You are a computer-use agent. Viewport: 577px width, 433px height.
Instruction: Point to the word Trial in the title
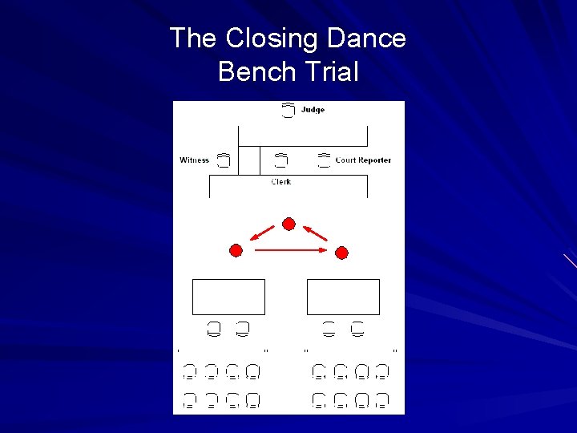329,72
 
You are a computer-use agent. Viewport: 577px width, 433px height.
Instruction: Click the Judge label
313,110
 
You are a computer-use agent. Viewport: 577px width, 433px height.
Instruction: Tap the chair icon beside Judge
288,111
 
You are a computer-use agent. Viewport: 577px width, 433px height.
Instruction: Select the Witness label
194,160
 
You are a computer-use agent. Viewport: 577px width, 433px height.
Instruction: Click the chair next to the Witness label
224,160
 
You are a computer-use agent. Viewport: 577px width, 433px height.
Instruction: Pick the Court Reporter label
363,160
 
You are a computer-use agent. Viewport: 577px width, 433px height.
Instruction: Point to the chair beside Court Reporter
324,160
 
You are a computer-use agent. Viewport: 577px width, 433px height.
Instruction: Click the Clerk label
281,182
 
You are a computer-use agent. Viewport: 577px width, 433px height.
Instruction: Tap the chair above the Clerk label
281,160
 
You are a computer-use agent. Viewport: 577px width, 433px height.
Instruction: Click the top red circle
289,223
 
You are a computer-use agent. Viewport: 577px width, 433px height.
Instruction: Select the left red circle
236,251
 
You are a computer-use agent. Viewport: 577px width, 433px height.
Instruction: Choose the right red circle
341,253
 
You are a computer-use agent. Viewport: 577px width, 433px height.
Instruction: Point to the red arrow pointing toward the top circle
316,233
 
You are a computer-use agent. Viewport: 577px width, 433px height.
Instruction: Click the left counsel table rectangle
228,297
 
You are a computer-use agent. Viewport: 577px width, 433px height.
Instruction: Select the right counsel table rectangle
343,297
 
